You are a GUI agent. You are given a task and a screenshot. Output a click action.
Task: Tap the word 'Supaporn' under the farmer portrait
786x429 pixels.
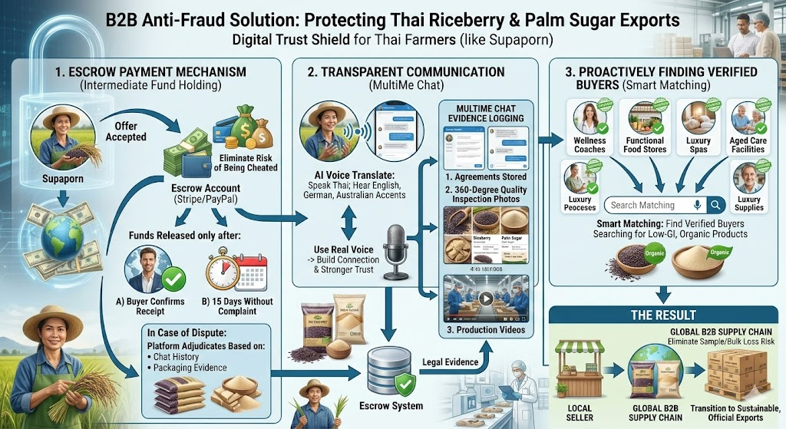(62, 182)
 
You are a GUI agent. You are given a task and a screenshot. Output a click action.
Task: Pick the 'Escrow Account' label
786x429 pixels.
(207, 187)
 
